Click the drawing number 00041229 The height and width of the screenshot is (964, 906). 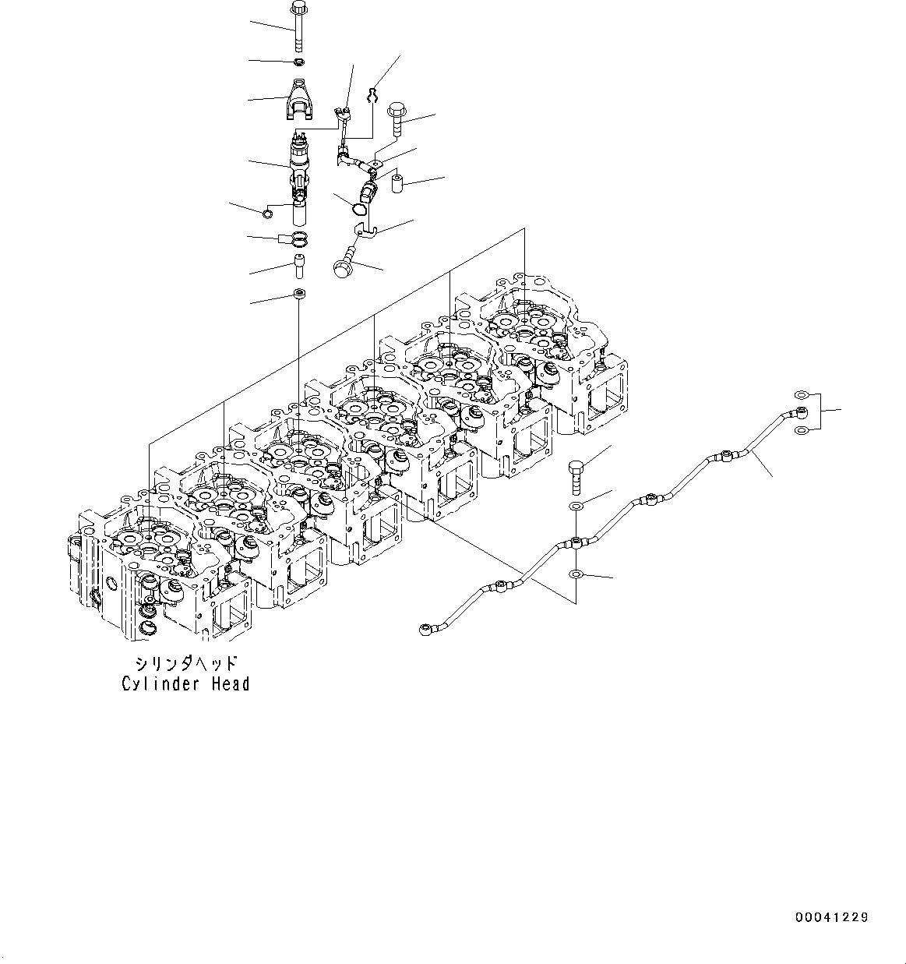point(831,918)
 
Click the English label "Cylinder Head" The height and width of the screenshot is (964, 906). point(186,684)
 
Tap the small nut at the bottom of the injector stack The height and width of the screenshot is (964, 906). point(299,294)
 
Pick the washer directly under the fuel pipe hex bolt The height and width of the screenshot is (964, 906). point(575,507)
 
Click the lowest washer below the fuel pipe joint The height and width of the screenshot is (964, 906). point(575,575)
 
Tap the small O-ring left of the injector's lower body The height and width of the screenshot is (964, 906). point(267,215)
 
